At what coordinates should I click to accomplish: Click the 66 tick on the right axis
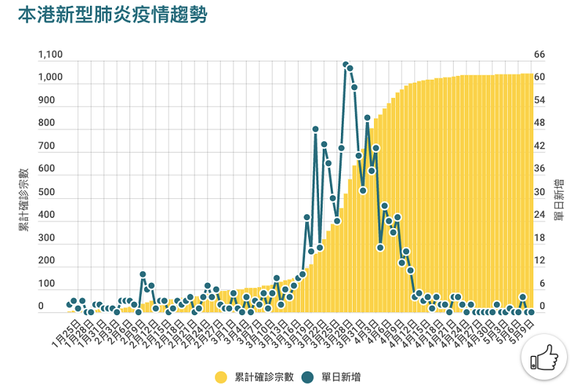[540, 55]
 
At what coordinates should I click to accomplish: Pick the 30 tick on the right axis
[540, 192]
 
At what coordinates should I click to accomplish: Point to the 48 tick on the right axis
[540, 124]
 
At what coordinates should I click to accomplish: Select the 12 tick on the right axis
[539, 261]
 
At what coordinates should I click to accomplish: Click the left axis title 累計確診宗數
[24, 199]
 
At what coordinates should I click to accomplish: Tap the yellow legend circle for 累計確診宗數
[220, 377]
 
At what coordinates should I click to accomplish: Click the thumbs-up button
[544, 357]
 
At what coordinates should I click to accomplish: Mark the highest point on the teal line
[345, 64]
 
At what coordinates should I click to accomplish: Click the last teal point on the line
[530, 312]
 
